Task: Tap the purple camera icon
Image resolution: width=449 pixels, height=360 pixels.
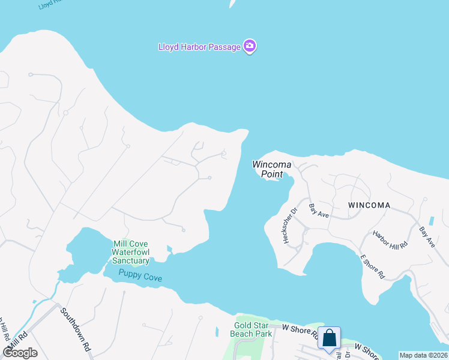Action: (250, 46)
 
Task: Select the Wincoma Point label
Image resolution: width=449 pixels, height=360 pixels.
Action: (271, 169)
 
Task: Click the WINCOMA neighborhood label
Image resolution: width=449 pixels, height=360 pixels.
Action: (369, 205)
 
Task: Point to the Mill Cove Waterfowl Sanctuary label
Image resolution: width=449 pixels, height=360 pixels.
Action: (130, 252)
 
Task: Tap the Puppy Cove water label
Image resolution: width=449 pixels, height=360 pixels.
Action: (140, 275)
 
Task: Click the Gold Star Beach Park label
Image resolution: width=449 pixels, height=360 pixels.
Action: (252, 329)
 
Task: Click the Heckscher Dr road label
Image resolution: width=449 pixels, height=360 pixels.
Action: (289, 226)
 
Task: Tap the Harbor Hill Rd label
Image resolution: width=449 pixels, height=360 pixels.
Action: (390, 239)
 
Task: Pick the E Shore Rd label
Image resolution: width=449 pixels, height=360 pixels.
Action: (372, 266)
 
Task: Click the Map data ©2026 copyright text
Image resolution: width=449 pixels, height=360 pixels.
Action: (423, 355)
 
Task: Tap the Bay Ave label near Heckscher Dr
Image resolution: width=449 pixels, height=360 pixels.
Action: (319, 211)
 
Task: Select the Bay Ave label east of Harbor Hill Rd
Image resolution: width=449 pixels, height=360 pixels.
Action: (427, 238)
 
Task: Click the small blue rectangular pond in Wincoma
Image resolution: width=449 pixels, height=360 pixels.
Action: (432, 221)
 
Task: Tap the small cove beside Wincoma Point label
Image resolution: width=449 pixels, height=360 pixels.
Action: (284, 179)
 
